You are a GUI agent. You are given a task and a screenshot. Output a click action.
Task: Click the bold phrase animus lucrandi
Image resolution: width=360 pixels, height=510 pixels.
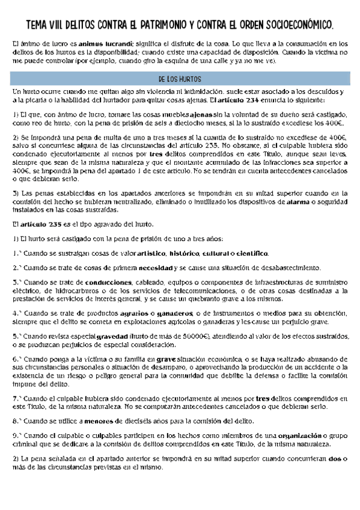[x=98, y=45]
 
